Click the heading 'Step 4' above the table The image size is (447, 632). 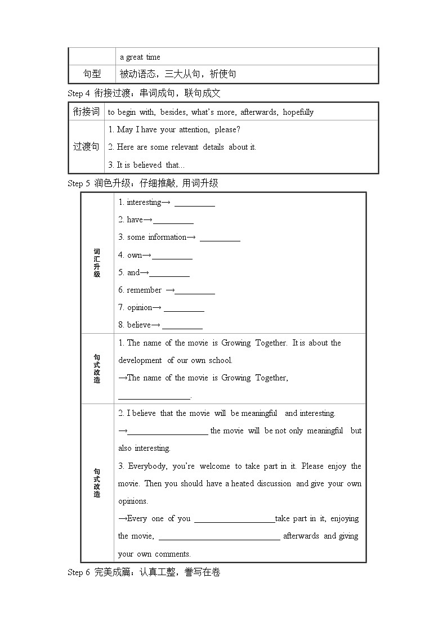[x=78, y=93]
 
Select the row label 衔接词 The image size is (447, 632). [x=86, y=111]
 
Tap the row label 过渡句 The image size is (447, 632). [x=86, y=147]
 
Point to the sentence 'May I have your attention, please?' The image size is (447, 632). [x=178, y=129]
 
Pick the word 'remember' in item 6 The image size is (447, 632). [x=144, y=290]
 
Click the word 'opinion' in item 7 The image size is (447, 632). [x=140, y=307]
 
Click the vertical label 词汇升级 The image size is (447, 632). [x=97, y=262]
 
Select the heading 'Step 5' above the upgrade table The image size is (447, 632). [x=78, y=183]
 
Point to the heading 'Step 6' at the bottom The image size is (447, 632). [x=78, y=572]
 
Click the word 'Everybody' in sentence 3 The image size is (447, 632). [x=147, y=466]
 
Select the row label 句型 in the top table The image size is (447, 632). [x=92, y=74]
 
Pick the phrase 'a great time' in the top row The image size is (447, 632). [x=140, y=57]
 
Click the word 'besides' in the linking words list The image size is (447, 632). [x=174, y=112]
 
